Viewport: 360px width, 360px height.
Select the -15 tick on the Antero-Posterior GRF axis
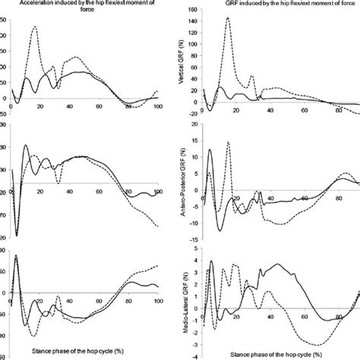click(196, 236)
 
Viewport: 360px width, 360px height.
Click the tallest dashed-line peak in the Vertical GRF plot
click(228, 18)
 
